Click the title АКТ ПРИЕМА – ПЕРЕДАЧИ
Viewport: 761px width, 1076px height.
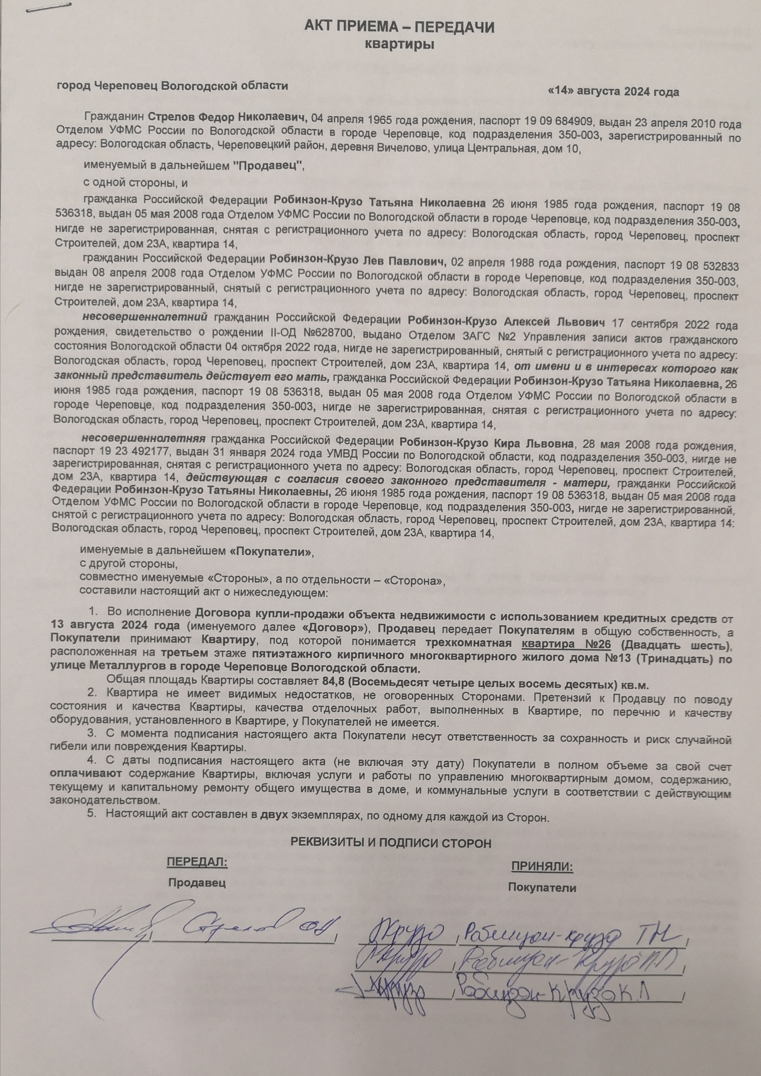pyautogui.click(x=399, y=28)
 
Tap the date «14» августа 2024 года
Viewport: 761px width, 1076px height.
pyautogui.click(x=614, y=91)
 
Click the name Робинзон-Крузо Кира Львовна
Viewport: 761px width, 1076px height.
pyautogui.click(x=486, y=443)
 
